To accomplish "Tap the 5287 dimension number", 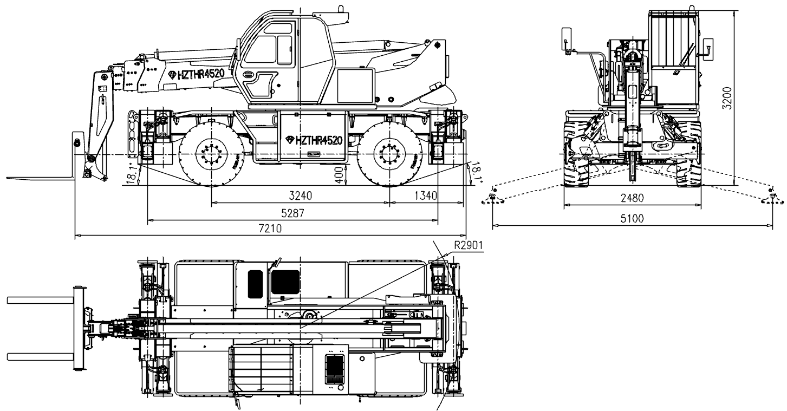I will (x=292, y=213).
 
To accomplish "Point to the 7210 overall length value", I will (x=270, y=229).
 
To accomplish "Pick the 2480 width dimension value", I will (x=632, y=198).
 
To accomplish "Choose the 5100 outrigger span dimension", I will (x=632, y=219).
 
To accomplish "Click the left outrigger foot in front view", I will (x=492, y=199).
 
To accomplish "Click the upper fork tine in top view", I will (x=41, y=300).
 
